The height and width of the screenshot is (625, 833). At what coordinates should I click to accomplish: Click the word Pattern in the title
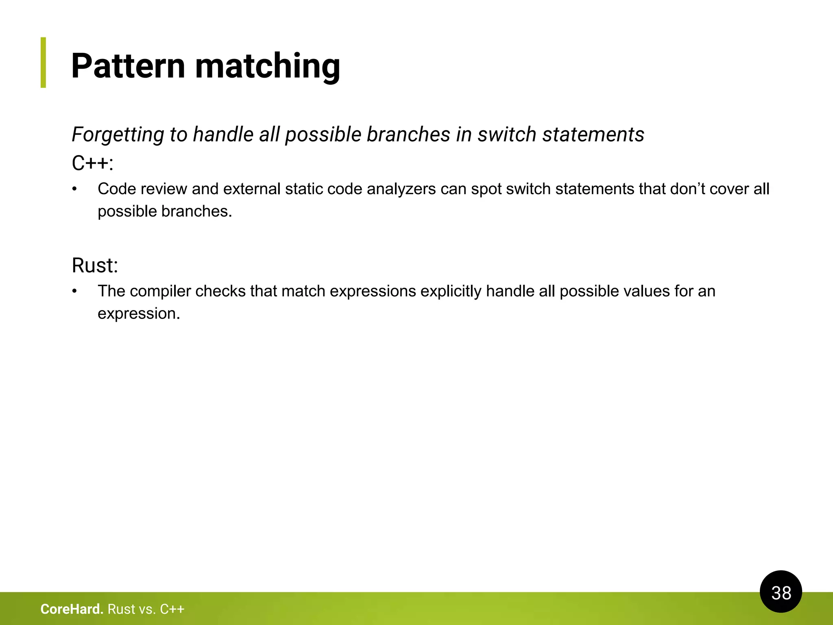(128, 66)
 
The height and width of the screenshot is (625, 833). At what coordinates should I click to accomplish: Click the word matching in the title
(267, 67)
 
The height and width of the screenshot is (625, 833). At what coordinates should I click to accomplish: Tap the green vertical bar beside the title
(43, 62)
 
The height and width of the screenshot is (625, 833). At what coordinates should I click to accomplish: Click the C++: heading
(92, 163)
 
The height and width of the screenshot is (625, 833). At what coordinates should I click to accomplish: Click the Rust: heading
(95, 265)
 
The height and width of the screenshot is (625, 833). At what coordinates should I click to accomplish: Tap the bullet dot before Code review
(74, 189)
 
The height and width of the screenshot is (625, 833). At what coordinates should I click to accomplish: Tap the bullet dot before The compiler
(74, 291)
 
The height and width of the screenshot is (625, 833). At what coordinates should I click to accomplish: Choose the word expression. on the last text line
(139, 314)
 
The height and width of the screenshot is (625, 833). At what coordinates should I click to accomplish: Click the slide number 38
(781, 592)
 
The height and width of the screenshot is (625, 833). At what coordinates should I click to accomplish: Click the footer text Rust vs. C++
(146, 609)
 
